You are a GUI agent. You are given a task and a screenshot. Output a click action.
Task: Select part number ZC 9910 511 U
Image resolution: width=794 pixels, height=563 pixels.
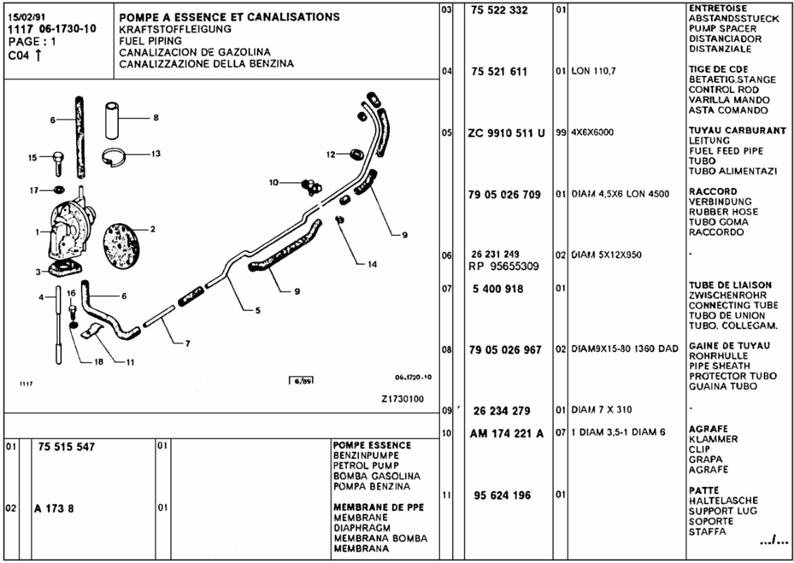(x=506, y=133)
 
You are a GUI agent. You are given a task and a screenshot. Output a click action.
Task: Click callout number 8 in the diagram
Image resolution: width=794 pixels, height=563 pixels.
(x=156, y=118)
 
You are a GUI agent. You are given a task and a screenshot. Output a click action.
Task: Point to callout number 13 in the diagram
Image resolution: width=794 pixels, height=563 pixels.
(x=156, y=153)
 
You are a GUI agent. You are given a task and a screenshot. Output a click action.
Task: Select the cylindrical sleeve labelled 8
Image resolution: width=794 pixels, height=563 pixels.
(x=113, y=120)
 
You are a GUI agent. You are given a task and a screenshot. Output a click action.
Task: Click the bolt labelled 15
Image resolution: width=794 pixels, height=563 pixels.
(x=58, y=162)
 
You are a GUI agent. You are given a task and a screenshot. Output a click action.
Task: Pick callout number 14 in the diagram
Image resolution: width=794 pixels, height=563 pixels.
(x=372, y=265)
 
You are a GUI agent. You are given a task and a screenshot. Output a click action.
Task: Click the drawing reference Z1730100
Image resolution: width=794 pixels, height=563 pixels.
(x=402, y=398)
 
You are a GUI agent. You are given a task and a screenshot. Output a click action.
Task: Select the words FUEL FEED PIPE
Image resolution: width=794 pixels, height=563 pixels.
(x=725, y=151)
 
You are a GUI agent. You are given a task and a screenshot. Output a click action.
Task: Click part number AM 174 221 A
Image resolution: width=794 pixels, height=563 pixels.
(x=506, y=434)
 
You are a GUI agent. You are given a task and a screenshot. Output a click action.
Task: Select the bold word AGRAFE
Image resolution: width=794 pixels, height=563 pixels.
(x=708, y=429)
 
